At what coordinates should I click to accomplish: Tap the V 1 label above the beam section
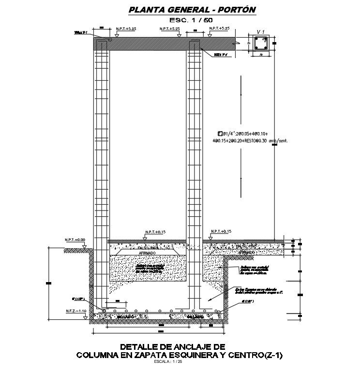[261, 32]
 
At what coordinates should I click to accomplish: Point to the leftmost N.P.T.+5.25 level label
[126, 29]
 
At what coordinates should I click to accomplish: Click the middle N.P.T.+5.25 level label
[169, 29]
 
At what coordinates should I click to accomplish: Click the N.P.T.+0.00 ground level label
[75, 240]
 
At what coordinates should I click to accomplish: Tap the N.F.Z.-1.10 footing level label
[75, 311]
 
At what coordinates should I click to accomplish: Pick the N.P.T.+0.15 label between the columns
[155, 232]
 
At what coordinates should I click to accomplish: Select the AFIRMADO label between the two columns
[147, 253]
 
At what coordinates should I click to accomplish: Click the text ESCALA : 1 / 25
[167, 361]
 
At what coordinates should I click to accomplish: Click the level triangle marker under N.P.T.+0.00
[85, 247]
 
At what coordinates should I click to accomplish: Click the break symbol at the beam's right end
[238, 43]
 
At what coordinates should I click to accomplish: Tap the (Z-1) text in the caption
[269, 355]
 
